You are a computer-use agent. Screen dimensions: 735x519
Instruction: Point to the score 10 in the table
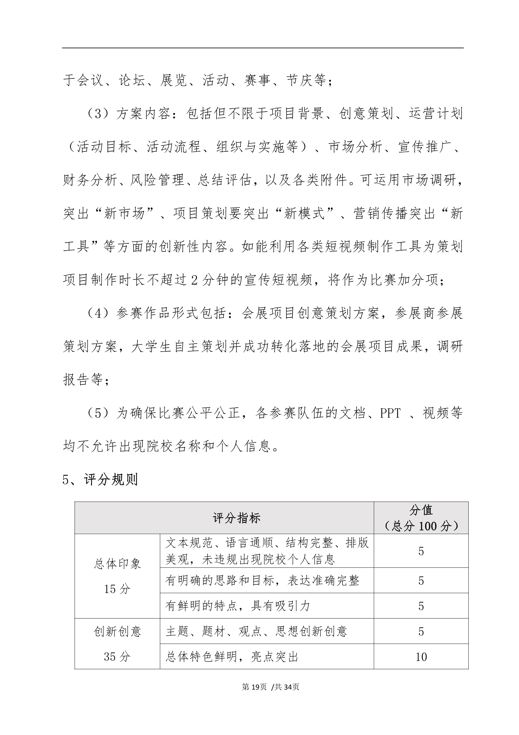421,657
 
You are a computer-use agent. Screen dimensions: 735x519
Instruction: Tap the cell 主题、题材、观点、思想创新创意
256,631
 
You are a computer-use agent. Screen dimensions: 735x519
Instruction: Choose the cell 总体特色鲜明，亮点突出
232,657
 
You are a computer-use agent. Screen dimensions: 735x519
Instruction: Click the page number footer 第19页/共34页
270,687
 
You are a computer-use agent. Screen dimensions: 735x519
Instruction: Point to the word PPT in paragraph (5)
390,413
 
